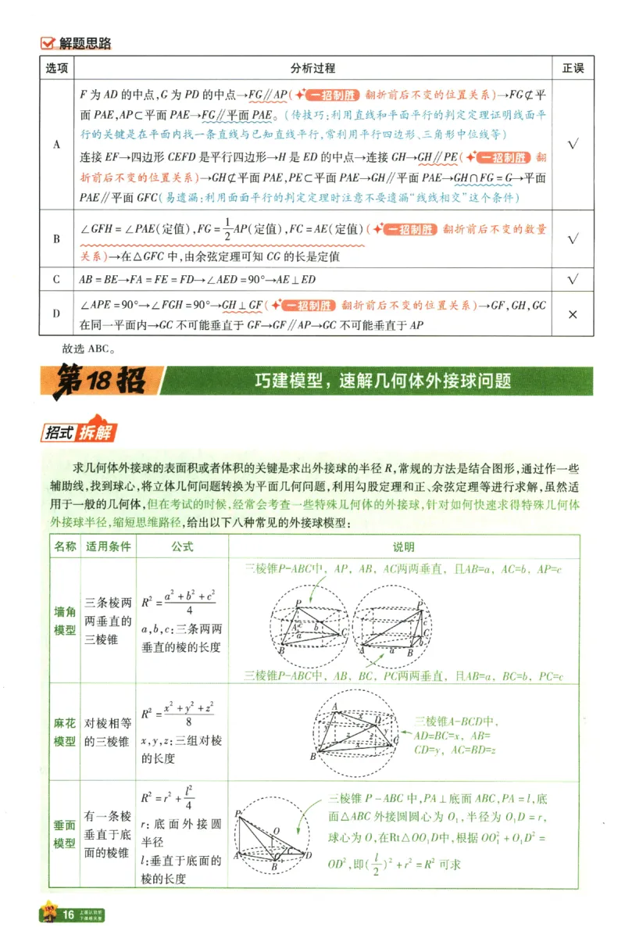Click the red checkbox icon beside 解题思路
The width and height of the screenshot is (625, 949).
(x=48, y=44)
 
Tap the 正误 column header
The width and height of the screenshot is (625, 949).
(x=573, y=68)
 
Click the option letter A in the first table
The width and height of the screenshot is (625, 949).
(x=55, y=145)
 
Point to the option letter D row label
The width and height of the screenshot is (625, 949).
(x=55, y=313)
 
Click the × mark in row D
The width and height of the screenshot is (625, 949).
(x=573, y=314)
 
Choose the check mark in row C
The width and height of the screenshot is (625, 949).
(x=573, y=279)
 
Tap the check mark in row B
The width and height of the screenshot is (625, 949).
(x=573, y=239)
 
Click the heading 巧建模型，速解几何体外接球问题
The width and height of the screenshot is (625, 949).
(x=383, y=381)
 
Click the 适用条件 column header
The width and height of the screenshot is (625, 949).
(x=109, y=546)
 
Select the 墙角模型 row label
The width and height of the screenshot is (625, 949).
(x=65, y=621)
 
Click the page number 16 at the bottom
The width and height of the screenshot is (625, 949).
(x=68, y=914)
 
